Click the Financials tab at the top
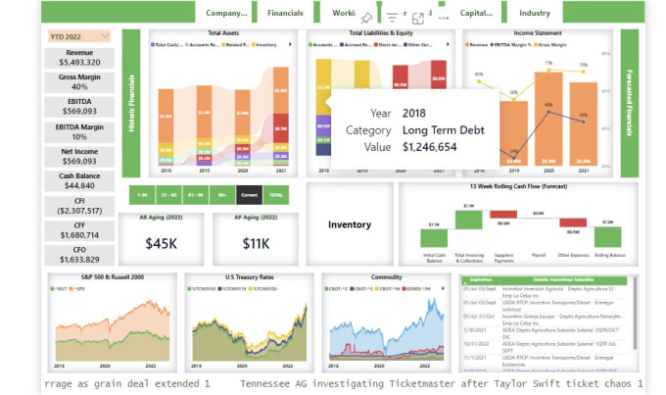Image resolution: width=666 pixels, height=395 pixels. pyautogui.click(x=285, y=14)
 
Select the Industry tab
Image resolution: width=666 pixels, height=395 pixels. pyautogui.click(x=535, y=14)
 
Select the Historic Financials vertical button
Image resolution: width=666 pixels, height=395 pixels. pyautogui.click(x=132, y=102)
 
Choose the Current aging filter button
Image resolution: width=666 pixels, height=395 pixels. pyautogui.click(x=250, y=195)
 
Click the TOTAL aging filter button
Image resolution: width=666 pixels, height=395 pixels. pyautogui.click(x=277, y=195)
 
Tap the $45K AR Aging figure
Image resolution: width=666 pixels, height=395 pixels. pyautogui.click(x=162, y=242)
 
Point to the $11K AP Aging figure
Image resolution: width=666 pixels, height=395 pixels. pyautogui.click(x=256, y=242)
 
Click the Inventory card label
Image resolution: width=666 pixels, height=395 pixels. pyautogui.click(x=350, y=224)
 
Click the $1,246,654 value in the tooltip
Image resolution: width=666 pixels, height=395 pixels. pyautogui.click(x=430, y=147)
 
